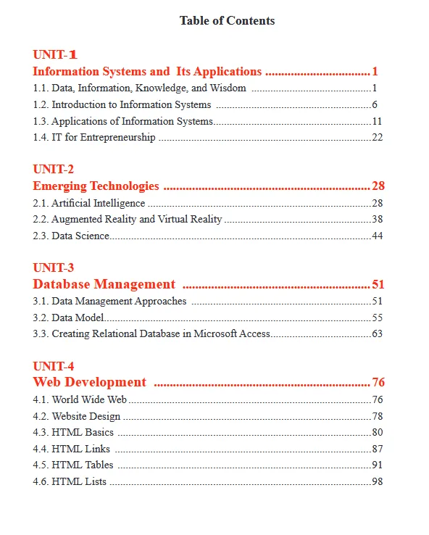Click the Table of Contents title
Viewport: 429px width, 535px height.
227,21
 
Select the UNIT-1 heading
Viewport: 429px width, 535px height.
55,55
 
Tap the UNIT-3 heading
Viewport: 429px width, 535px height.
53,268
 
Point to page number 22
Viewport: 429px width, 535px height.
377,138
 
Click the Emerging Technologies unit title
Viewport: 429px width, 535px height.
96,186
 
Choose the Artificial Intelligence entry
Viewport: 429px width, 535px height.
98,203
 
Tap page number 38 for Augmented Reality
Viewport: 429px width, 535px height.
377,219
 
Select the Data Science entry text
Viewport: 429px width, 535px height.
80,236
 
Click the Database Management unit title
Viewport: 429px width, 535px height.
104,284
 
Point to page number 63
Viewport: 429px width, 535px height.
377,333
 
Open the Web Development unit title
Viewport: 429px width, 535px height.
89,382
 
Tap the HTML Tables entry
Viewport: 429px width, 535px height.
82,465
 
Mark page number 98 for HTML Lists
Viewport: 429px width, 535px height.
377,481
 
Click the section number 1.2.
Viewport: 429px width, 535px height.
41,105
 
